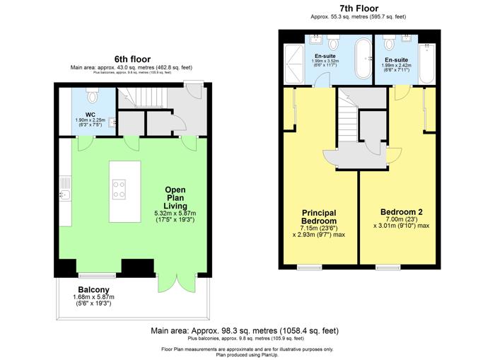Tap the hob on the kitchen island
[x=119, y=190]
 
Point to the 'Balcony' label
[x=93, y=289]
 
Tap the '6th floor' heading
[x=132, y=59]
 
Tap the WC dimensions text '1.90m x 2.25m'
[x=90, y=120]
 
